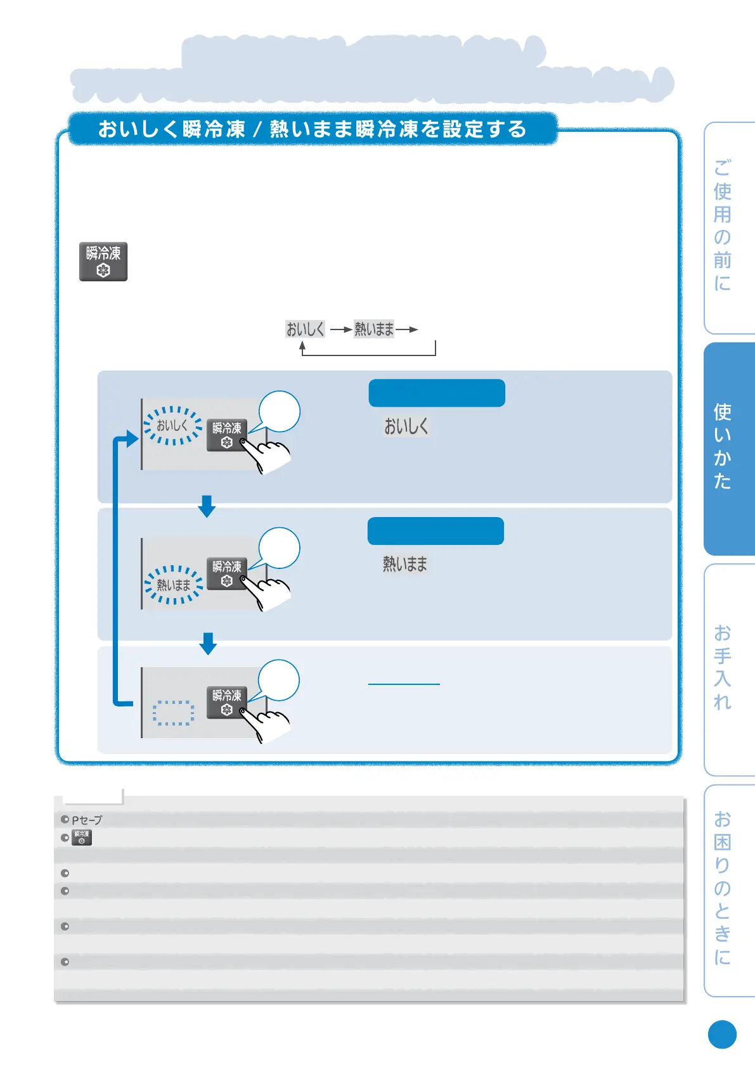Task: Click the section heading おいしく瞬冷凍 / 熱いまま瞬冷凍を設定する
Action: tap(313, 129)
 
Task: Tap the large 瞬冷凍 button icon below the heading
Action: tap(103, 261)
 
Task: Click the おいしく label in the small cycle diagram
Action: tap(305, 329)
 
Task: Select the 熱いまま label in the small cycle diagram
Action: tap(374, 329)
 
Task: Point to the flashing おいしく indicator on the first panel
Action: tap(172, 426)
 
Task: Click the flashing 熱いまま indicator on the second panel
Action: tap(173, 585)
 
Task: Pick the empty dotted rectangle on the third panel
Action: tap(173, 713)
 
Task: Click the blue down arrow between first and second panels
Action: tap(207, 506)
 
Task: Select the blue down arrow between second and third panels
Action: tap(208, 643)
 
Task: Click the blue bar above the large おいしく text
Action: tap(437, 393)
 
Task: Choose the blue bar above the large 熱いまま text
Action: tap(436, 531)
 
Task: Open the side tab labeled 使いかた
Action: tap(728, 449)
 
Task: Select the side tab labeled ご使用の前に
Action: tap(728, 227)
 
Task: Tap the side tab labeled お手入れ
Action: tap(728, 669)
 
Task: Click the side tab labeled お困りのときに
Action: tap(728, 890)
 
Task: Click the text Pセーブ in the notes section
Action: tap(87, 820)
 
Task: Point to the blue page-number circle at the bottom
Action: tap(722, 1035)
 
